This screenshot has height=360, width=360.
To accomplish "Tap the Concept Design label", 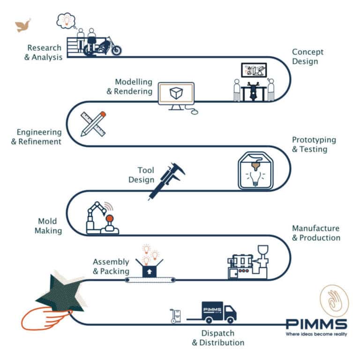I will click(x=307, y=56).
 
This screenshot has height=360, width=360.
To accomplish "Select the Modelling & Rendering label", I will click(x=129, y=87).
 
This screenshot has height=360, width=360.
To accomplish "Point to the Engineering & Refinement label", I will click(x=37, y=136).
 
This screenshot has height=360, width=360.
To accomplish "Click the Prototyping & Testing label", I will click(x=314, y=144).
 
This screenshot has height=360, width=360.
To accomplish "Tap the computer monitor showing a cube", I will click(x=176, y=95).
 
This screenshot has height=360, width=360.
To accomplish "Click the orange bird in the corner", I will click(x=23, y=26).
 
